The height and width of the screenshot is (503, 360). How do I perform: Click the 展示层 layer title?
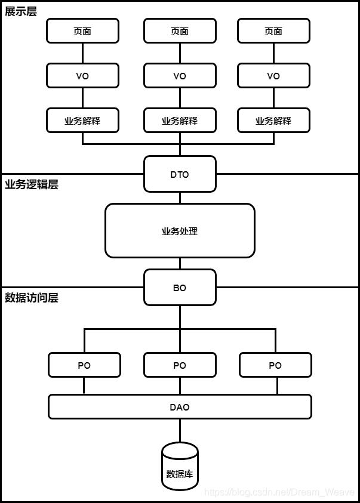coord(21,11)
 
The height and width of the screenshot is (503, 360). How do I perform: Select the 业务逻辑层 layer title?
coord(32,184)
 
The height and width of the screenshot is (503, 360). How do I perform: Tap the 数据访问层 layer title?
coord(32,298)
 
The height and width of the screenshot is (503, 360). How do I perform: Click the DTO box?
coord(180,174)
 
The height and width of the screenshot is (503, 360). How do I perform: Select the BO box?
coord(180,288)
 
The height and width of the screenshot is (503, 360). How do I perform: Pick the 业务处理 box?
coord(180,231)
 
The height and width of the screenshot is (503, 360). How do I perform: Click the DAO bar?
coord(180,407)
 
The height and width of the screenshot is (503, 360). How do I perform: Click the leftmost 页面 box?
coord(82,31)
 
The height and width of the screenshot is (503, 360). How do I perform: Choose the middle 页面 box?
coord(180,31)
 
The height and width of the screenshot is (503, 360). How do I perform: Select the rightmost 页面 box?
coord(273,31)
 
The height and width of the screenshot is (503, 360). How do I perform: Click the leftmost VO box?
coord(82,76)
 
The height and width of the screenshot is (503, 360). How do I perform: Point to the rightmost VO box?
coord(273,76)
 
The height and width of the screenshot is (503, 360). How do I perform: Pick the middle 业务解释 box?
coord(180,121)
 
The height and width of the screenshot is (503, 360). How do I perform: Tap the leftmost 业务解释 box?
coord(82,121)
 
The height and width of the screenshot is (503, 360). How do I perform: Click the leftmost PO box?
coord(84,365)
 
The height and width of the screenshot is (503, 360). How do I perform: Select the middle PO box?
coord(180,365)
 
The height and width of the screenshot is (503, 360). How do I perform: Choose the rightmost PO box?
coord(275,365)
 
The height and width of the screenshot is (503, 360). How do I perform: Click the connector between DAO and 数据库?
coord(180,430)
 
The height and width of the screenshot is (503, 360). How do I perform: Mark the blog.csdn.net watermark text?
coord(280,492)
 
